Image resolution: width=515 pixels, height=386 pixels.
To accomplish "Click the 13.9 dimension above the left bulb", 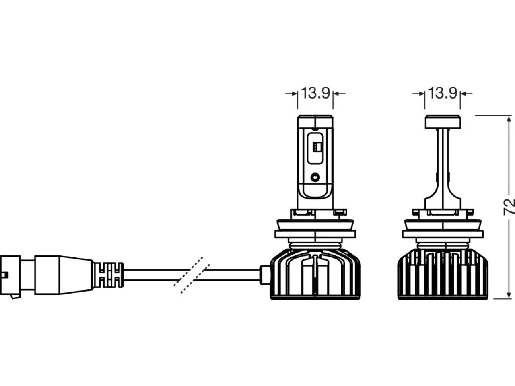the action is coord(315,93).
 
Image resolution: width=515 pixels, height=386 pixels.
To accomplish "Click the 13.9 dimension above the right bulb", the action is coord(443,93).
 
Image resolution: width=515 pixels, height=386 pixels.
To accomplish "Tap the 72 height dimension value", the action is coord(509,207).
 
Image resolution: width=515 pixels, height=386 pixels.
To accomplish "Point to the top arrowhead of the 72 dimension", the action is coord(509,119).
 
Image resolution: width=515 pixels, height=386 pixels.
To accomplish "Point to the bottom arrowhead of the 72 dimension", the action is coord(509,295).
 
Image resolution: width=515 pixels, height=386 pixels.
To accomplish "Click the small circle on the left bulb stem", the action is coord(315,177).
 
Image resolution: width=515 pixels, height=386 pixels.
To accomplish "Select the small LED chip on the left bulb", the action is coord(317,147).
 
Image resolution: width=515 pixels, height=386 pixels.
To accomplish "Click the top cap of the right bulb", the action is coord(443,122).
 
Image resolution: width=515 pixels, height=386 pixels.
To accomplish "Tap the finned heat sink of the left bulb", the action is coord(315,275).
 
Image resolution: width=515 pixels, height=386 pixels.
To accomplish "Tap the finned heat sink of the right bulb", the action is coord(443,275).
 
